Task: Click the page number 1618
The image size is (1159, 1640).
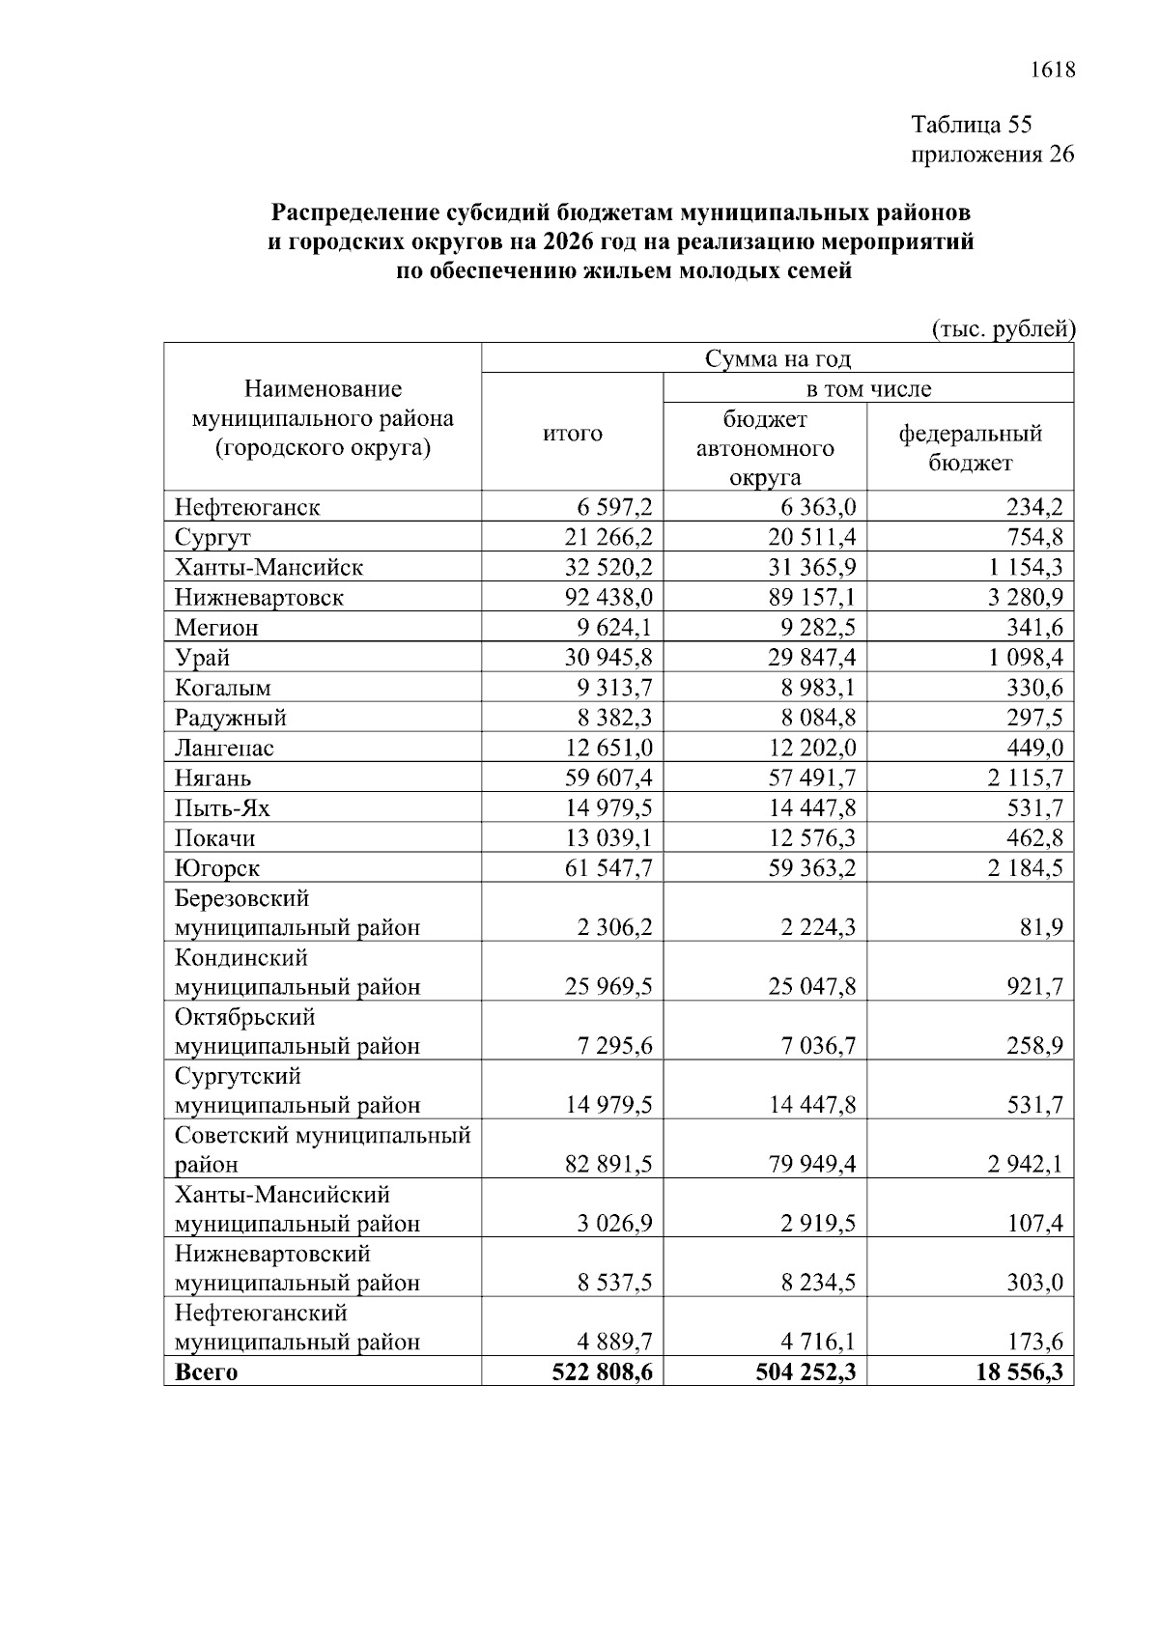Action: [1052, 71]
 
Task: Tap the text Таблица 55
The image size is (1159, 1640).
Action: [972, 125]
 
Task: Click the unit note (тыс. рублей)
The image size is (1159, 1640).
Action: [1002, 329]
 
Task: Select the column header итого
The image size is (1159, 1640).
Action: [572, 434]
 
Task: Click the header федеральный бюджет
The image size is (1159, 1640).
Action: [970, 448]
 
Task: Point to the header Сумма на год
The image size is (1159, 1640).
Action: [777, 359]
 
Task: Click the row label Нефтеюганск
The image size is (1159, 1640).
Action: [247, 507]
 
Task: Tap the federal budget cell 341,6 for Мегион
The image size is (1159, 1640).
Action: [1035, 628]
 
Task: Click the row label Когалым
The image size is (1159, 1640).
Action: [223, 688]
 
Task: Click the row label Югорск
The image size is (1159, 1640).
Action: [217, 868]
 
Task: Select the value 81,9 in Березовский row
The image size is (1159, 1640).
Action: [1044, 928]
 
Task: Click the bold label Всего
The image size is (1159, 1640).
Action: [206, 1372]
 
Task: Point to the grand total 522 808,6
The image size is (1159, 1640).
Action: [602, 1372]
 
